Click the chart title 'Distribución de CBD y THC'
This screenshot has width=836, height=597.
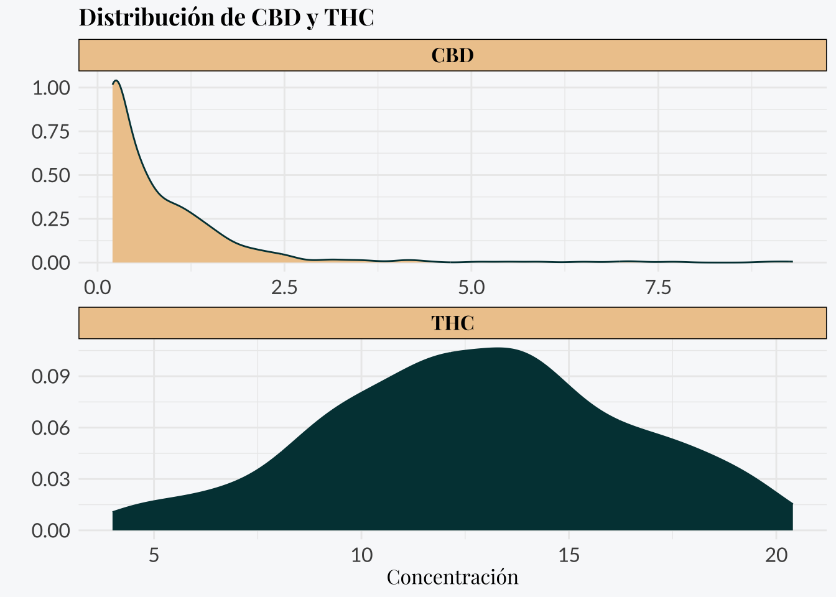226,17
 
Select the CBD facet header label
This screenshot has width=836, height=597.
452,55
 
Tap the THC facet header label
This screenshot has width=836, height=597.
452,323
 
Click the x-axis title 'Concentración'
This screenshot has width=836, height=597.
452,577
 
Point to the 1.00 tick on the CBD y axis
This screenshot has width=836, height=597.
51,88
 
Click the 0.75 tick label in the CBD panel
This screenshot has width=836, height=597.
51,132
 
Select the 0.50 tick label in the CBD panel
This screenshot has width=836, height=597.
51,175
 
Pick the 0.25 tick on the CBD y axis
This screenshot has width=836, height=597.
51,219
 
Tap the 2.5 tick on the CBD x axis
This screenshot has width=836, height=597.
284,287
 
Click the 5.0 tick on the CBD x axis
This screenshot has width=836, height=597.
471,287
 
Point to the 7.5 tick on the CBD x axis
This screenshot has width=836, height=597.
658,287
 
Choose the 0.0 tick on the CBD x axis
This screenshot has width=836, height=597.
98,287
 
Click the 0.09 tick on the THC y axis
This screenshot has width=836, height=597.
51,377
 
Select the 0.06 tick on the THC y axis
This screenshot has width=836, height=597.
51,428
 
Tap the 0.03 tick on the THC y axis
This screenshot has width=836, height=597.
51,479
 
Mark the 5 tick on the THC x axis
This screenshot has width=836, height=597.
154,555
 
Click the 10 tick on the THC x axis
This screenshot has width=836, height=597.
361,555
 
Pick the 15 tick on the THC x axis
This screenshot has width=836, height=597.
569,555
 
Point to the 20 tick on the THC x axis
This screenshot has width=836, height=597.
776,555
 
